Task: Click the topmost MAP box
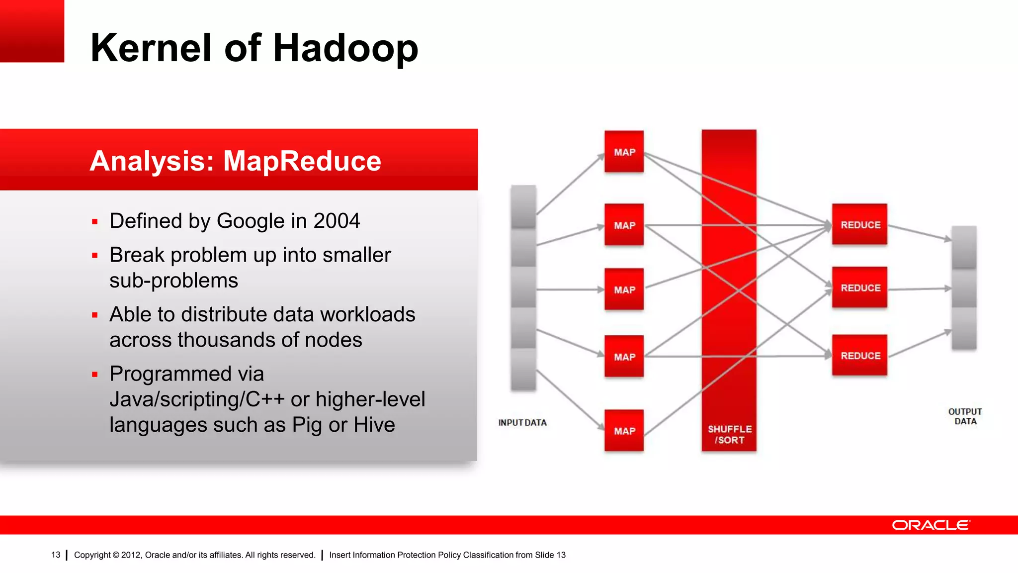[624, 152]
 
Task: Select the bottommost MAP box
[624, 430]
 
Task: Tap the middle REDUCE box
[859, 287]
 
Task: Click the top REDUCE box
[859, 224]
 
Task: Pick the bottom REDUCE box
[859, 355]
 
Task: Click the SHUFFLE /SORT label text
[729, 434]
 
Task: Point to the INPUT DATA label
[522, 422]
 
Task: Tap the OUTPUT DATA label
[965, 416]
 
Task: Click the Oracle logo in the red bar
[930, 525]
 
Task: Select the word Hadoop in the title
[345, 48]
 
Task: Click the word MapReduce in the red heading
[302, 161]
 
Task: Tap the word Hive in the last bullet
[374, 425]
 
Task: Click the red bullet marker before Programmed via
[95, 374]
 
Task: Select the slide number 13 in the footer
[56, 555]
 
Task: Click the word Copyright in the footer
[92, 555]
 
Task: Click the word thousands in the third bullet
[226, 340]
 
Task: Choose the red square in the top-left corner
[32, 31]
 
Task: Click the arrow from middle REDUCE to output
[919, 288]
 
